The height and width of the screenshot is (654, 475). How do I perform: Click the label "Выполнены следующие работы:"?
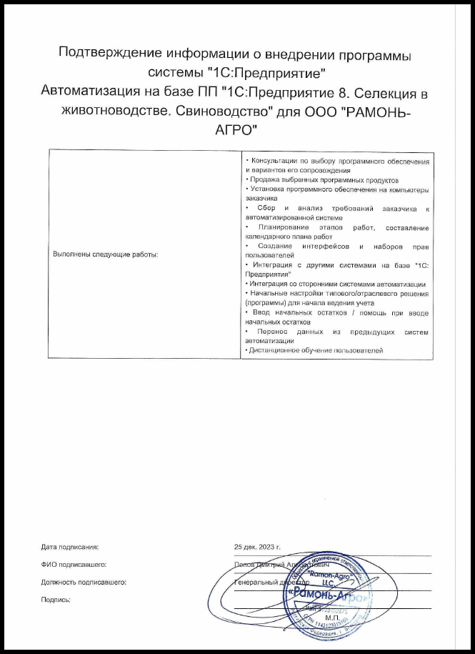105,254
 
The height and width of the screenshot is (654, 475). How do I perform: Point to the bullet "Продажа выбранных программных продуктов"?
321,181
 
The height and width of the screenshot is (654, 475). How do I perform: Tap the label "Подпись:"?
56,600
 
